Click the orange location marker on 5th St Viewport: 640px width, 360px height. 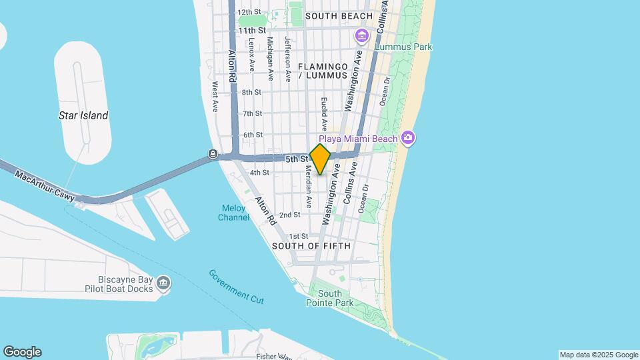tap(320, 159)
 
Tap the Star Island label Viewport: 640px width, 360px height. tap(83, 115)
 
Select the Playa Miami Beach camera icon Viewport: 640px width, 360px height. tap(407, 138)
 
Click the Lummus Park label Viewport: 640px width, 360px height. tap(403, 47)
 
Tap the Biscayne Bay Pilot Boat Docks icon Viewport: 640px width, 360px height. tap(163, 285)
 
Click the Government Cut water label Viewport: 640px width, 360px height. tap(236, 286)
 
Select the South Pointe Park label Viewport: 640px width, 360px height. tap(329, 298)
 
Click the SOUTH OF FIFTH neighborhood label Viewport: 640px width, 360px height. tap(311, 246)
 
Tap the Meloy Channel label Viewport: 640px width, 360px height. tap(233, 213)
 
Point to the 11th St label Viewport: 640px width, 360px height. tap(252, 31)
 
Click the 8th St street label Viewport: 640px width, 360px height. tap(251, 92)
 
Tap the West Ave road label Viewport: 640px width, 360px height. tap(215, 97)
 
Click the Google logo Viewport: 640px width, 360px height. tap(22, 352)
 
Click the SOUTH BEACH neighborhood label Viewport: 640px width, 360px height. tap(329, 15)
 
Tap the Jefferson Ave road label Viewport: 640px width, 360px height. tap(287, 59)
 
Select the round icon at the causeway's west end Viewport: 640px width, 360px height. tap(212, 155)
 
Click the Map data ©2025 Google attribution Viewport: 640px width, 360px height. tap(599, 355)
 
